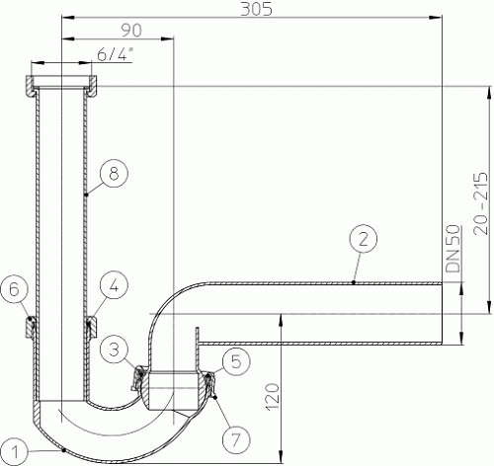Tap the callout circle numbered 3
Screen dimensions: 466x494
coord(117,348)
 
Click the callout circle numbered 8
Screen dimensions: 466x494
coord(115,174)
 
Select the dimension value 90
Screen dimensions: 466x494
coord(117,30)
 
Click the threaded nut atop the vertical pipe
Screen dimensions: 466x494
coord(62,83)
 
